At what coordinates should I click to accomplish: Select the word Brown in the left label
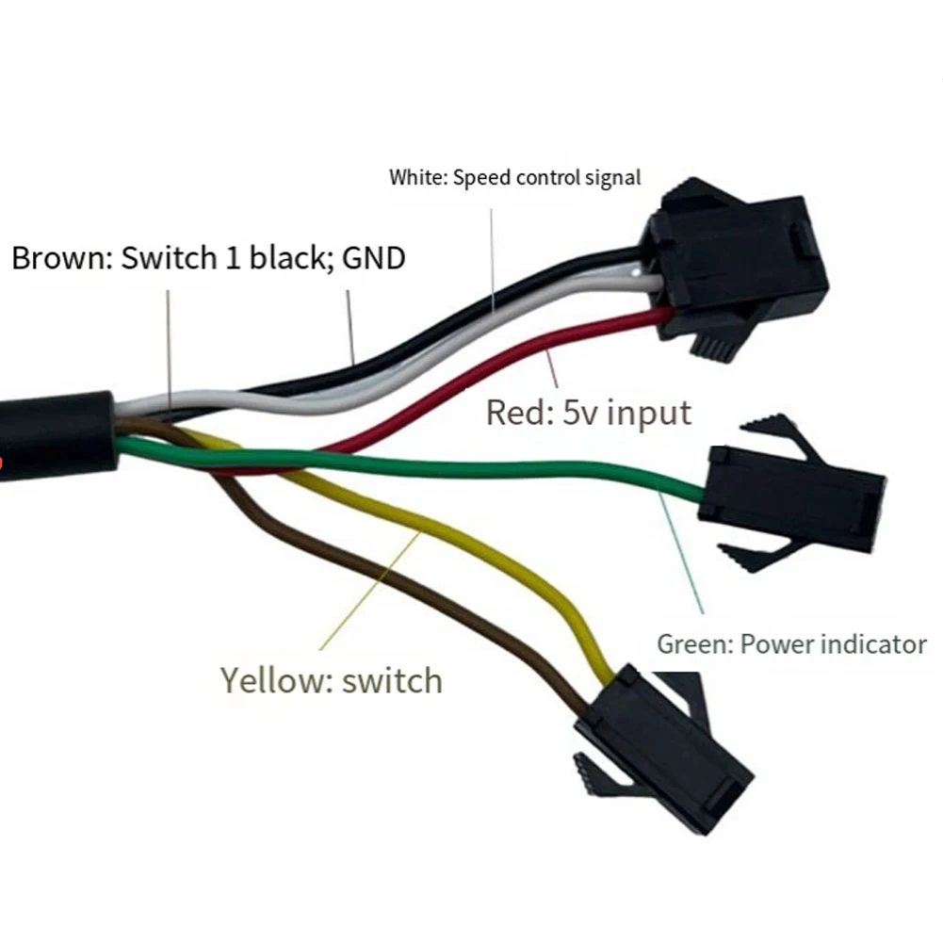click(59, 258)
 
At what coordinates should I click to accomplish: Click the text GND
click(373, 258)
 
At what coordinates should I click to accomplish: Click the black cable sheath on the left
click(57, 435)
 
